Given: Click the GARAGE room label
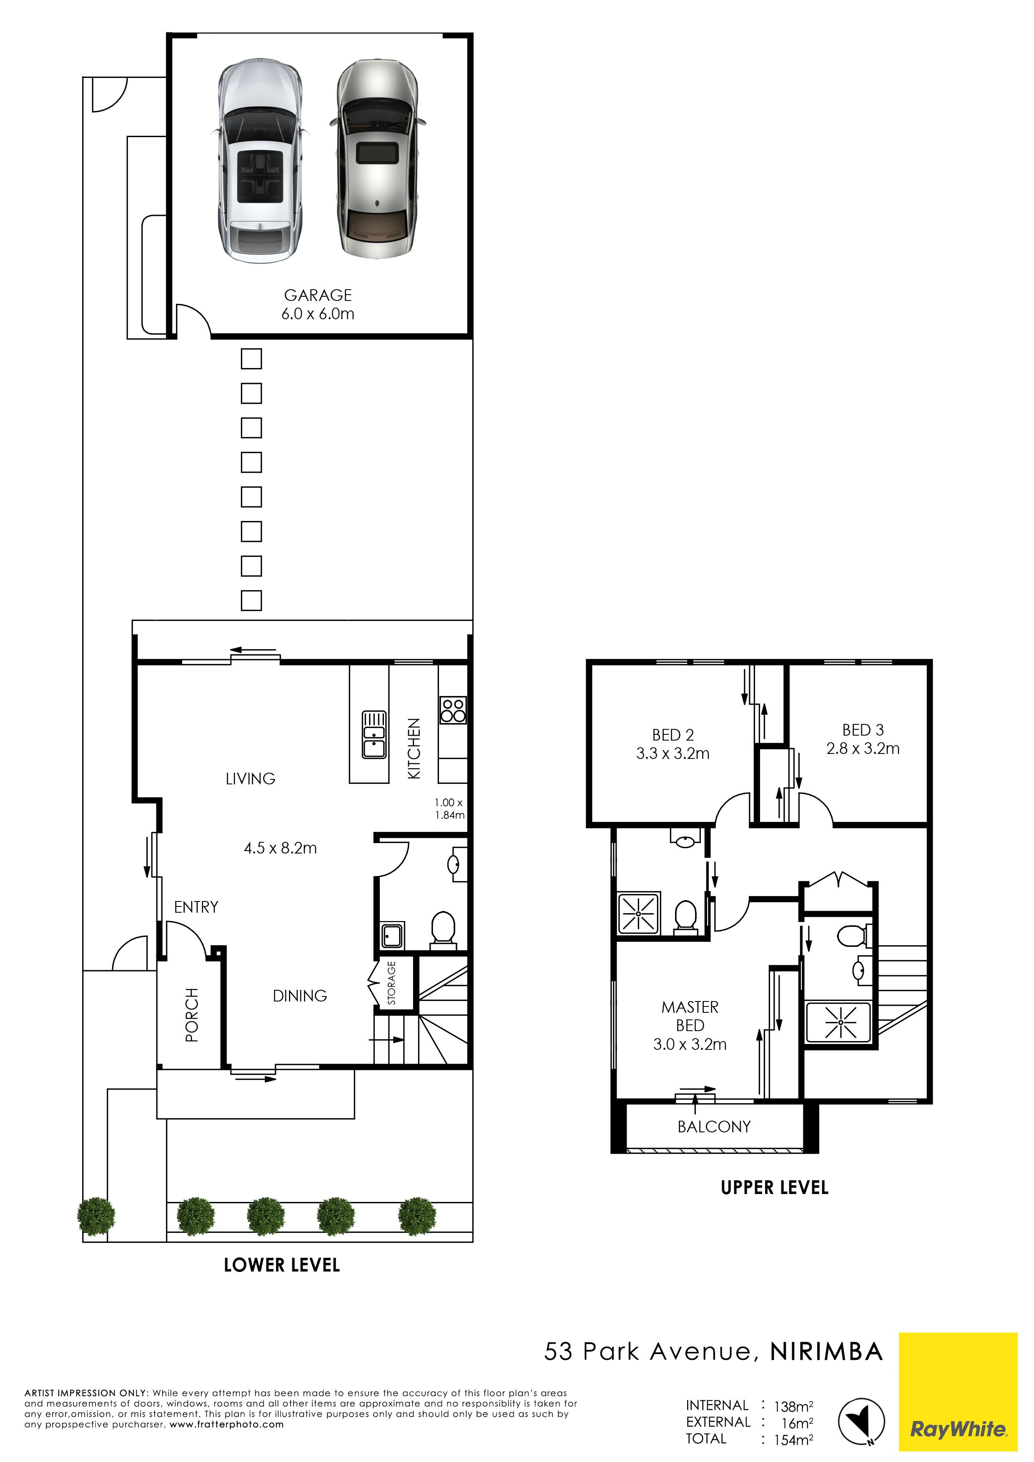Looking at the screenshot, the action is click(318, 295).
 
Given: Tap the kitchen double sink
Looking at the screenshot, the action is click(374, 735).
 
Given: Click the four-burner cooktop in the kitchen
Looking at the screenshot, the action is click(453, 710).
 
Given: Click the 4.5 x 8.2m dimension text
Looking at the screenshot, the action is click(280, 848).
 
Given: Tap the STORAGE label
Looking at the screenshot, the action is click(391, 983).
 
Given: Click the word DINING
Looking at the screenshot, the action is click(300, 996).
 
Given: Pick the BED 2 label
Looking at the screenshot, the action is click(673, 735).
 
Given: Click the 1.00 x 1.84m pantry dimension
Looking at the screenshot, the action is click(449, 809).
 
